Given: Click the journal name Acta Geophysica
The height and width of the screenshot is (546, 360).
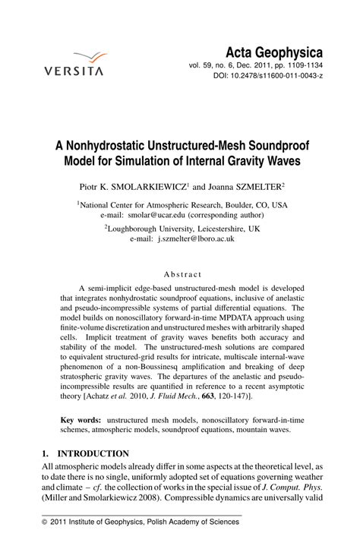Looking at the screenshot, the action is pos(275,52).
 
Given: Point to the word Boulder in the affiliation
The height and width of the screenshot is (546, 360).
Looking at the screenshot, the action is pos(232,205).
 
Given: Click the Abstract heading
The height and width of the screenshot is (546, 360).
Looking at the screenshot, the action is pos(182,273).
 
